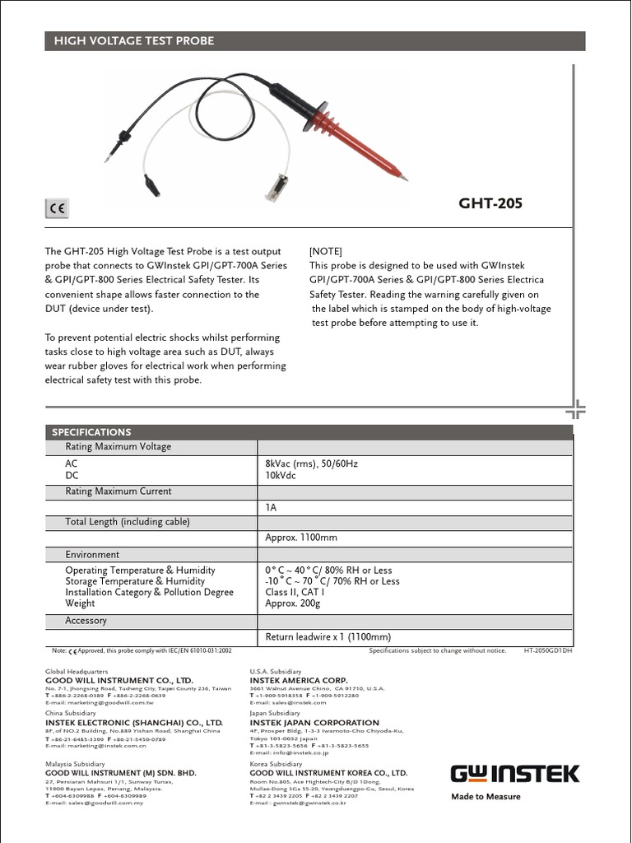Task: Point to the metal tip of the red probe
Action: coord(404,177)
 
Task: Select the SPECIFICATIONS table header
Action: coord(91,431)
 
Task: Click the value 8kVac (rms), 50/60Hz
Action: coord(311,463)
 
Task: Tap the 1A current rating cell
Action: coord(271,508)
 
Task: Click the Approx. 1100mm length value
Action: coord(301,538)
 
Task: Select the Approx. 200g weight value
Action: coord(292,603)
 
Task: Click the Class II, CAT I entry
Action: coord(295,592)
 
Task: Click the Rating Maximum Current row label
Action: coord(118,491)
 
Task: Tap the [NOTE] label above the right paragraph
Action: coord(325,251)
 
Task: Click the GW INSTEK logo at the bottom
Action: coord(514,774)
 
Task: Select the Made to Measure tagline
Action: coord(486,796)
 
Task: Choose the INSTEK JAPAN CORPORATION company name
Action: coord(314,723)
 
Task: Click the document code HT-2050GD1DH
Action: coord(548,650)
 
